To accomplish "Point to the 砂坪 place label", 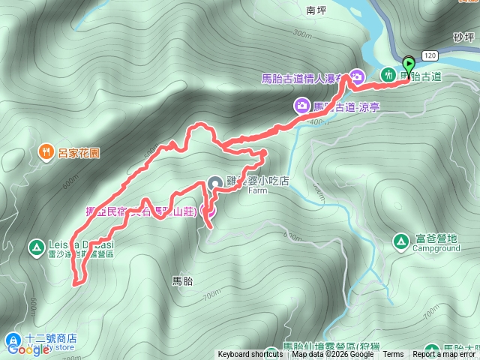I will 465,36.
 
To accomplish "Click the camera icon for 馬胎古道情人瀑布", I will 358,76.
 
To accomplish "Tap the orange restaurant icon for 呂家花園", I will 46,152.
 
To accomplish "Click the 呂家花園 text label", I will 79,152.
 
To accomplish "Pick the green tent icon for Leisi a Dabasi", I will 35,246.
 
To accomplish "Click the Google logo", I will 27,349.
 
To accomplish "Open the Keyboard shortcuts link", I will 250,355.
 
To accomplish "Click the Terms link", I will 392,355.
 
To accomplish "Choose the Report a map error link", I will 445,355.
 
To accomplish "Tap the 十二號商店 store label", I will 52,338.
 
